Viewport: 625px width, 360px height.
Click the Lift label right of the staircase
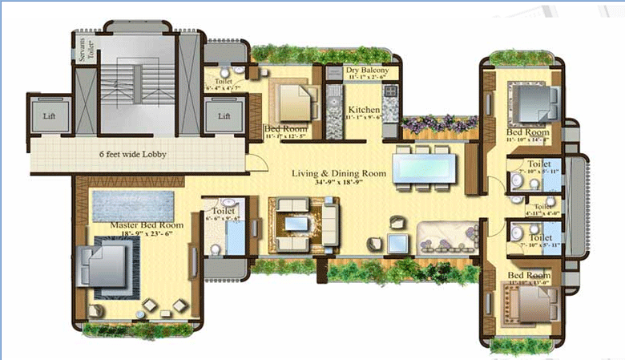point(224,115)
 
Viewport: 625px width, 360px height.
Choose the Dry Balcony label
point(368,71)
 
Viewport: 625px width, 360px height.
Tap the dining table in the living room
point(423,168)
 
